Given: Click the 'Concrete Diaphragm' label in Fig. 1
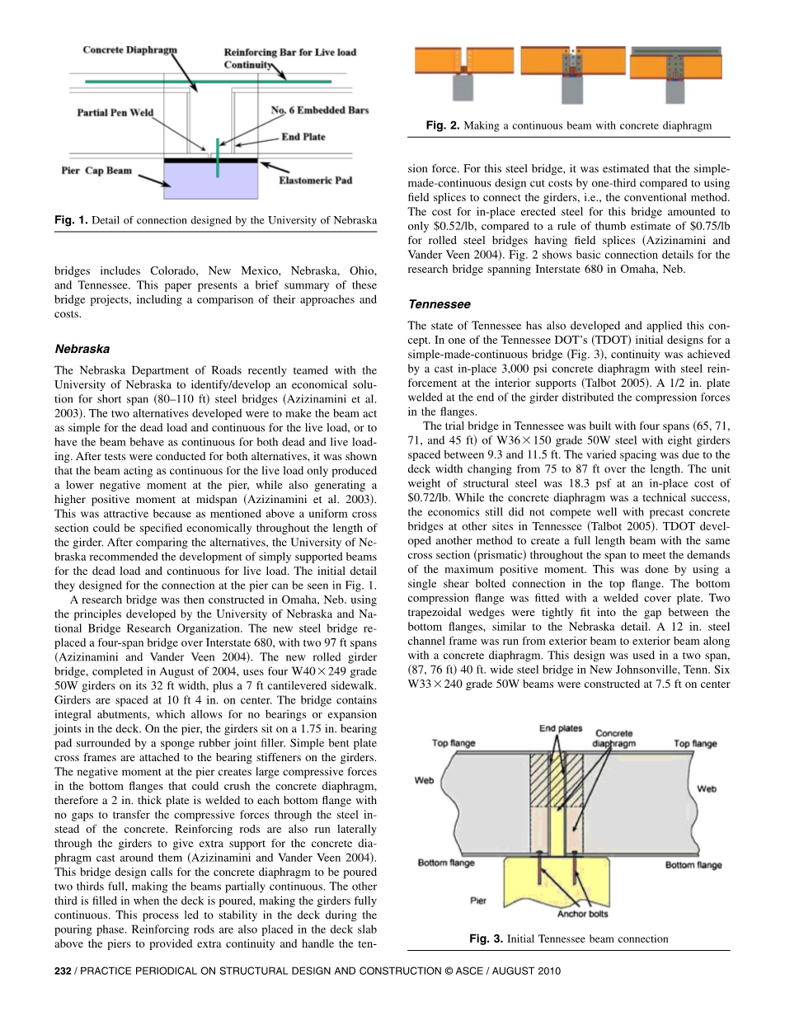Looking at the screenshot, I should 129,50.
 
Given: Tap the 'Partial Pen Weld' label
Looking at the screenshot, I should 115,112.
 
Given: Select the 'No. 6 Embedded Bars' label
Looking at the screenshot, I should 320,110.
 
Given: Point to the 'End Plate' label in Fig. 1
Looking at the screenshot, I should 303,137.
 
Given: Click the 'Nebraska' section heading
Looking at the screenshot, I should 82,349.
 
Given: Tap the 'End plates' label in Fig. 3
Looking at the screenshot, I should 561,728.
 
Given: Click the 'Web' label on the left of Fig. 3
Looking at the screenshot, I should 425,779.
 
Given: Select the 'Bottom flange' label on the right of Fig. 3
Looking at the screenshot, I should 693,865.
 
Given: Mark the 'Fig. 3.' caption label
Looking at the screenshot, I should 486,938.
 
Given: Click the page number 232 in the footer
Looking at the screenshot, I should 63,971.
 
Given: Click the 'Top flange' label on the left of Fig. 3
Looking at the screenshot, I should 454,744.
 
